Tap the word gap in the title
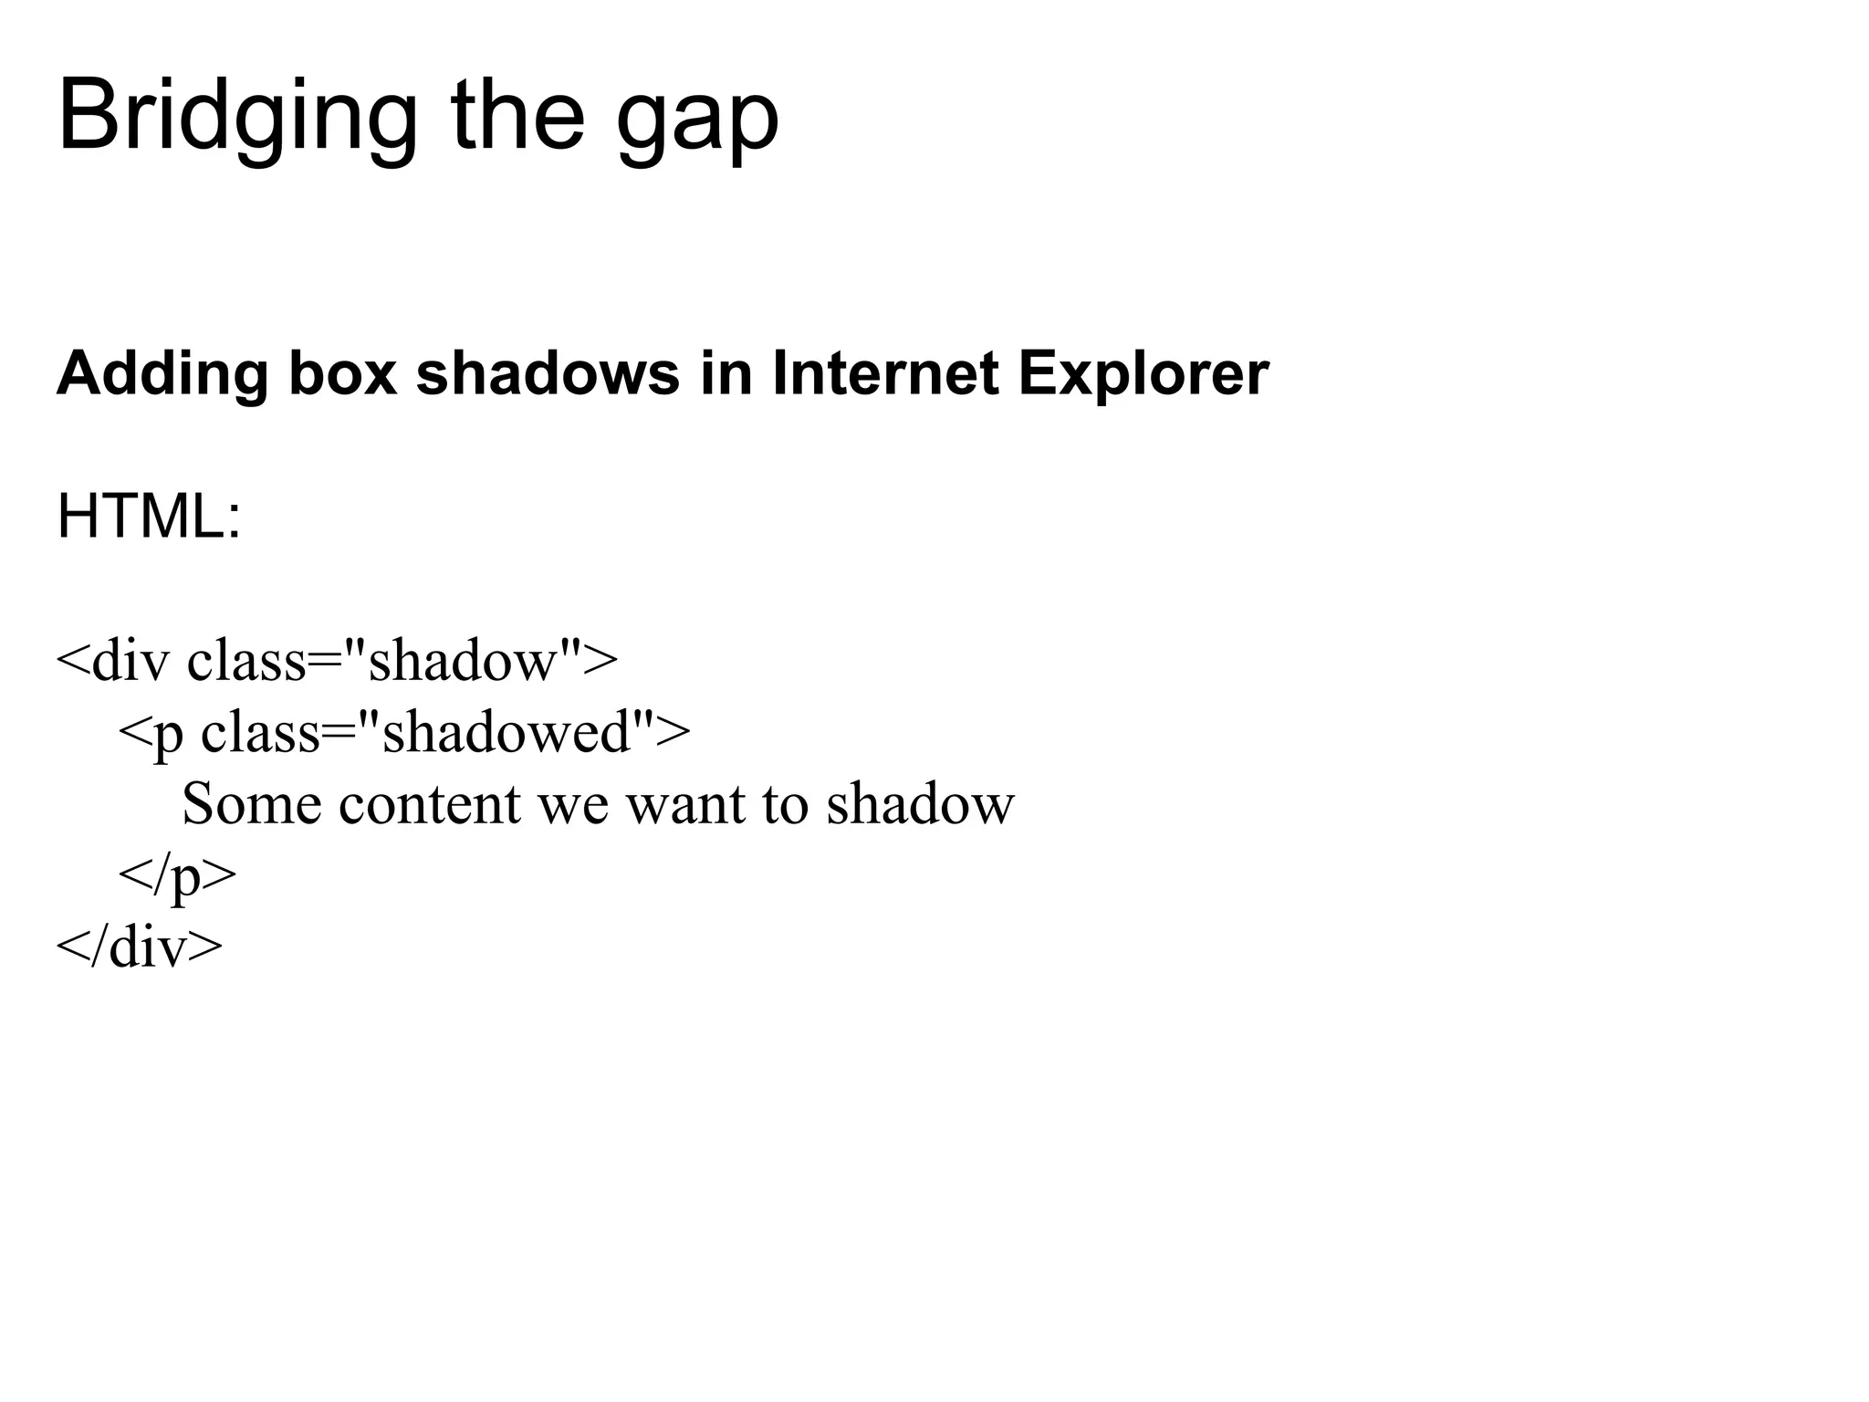tap(697, 123)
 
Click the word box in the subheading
tap(343, 374)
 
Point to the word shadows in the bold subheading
tap(548, 374)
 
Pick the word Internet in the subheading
tap(884, 374)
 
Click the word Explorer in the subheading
tap(1143, 374)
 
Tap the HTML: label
tap(149, 517)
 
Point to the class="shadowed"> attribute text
tap(445, 732)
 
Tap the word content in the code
tap(429, 804)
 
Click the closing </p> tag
tap(177, 876)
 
